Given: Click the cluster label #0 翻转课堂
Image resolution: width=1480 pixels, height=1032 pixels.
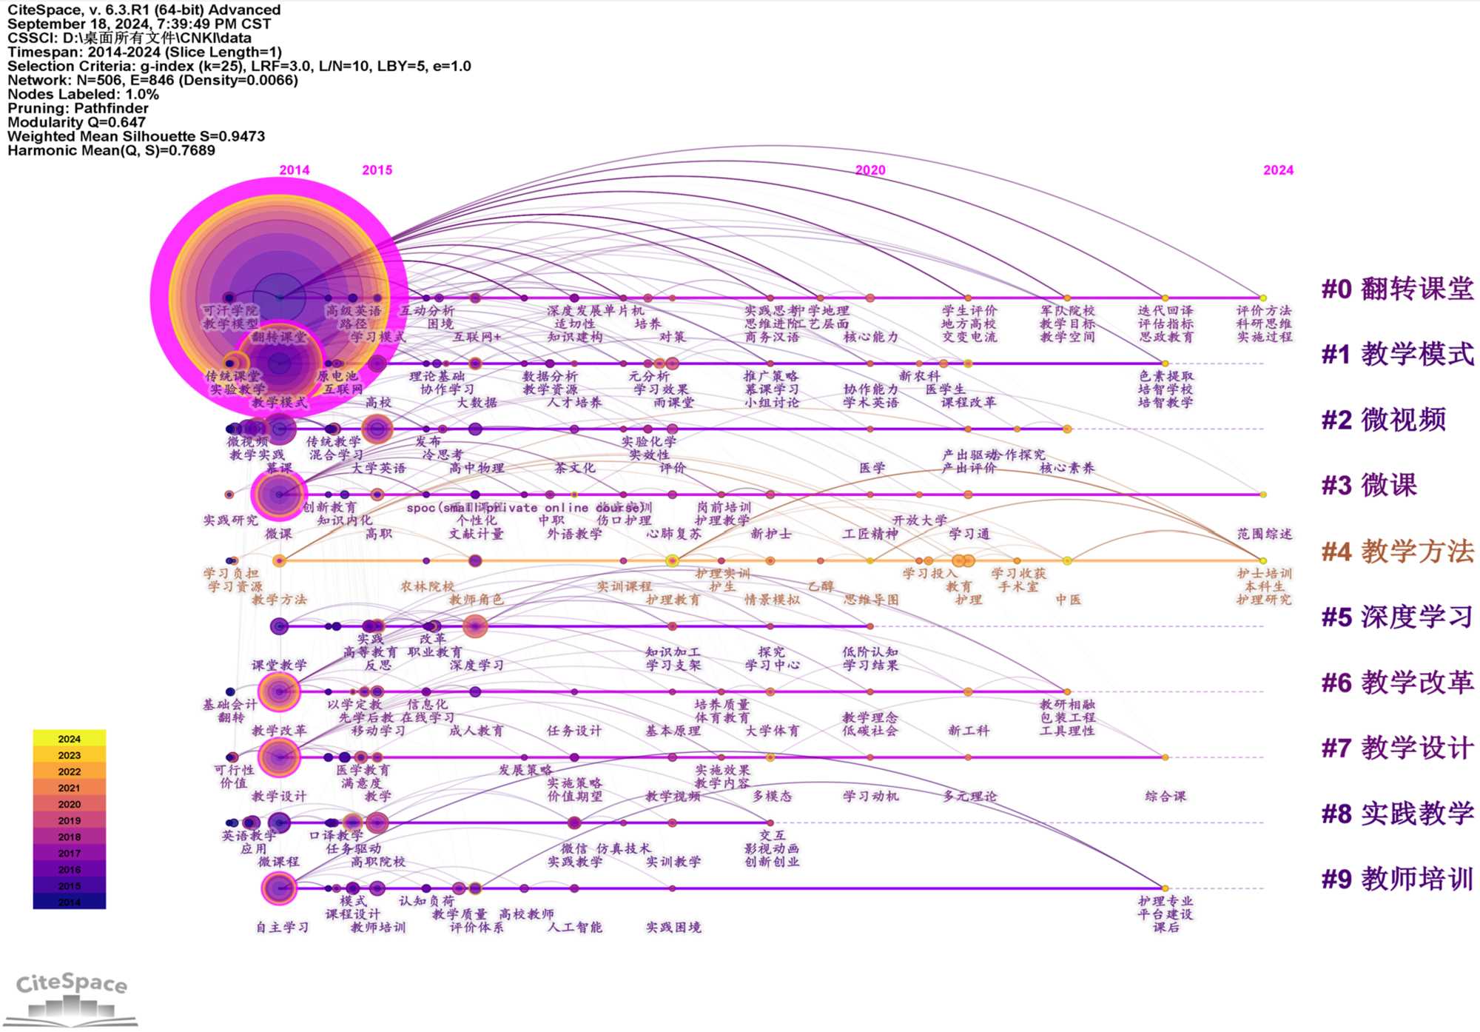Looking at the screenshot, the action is [1397, 289].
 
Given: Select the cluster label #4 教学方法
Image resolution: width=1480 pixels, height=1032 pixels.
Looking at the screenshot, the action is [1397, 552].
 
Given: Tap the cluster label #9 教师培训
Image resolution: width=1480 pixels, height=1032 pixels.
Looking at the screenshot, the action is [1397, 879].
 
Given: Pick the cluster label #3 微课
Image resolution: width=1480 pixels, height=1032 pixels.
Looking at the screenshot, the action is [1369, 486].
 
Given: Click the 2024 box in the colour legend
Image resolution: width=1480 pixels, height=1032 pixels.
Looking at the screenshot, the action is [70, 739].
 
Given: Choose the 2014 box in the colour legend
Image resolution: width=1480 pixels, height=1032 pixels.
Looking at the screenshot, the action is [70, 902].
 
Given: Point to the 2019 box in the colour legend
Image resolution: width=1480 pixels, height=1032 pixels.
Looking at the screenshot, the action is [70, 820].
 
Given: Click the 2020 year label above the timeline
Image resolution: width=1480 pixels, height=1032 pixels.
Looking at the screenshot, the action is [870, 170].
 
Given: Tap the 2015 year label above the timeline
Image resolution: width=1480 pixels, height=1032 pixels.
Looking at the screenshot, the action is [377, 170].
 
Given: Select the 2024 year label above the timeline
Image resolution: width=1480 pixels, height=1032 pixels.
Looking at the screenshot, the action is [1278, 170].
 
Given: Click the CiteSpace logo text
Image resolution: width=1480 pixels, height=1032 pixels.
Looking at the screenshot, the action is [72, 984].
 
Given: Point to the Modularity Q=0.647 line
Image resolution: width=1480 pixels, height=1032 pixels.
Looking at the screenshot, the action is [77, 122].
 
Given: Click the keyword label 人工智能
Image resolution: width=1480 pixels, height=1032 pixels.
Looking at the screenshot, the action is [575, 927].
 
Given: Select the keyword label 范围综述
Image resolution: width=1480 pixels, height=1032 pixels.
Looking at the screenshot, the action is [1265, 534].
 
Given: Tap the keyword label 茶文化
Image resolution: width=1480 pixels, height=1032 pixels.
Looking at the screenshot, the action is [575, 468].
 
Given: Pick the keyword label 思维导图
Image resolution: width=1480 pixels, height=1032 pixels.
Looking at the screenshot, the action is [871, 600].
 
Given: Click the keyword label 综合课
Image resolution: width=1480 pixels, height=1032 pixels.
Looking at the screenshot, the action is [1165, 797].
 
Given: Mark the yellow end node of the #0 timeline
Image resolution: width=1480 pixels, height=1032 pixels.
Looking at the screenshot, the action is [1263, 298].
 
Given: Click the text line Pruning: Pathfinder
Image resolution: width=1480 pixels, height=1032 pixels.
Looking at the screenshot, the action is [78, 108].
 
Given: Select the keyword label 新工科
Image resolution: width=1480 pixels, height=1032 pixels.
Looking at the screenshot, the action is [969, 731].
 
